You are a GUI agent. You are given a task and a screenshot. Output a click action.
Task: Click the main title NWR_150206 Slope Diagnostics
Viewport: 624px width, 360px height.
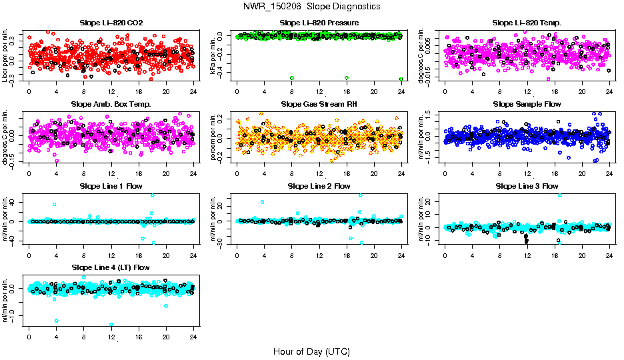[x=312, y=6]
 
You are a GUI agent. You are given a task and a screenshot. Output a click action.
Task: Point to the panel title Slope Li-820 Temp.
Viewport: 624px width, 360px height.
[x=527, y=23]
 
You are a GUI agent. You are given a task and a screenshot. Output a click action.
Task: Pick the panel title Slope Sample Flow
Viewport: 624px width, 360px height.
[x=527, y=104]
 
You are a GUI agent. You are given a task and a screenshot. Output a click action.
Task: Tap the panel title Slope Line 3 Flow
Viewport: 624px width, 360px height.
[x=527, y=186]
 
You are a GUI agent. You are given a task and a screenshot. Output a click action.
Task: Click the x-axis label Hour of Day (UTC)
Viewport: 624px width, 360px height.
[x=311, y=351]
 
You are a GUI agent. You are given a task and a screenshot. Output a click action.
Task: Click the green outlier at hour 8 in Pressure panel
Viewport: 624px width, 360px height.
[x=292, y=78]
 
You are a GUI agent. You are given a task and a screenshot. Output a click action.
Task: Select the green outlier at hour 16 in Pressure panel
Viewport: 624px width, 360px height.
[x=347, y=78]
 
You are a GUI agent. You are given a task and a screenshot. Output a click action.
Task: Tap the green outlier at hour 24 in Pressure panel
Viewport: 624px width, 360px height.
[x=401, y=79]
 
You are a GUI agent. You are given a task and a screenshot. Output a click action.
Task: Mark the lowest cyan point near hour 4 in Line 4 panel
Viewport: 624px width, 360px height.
[x=57, y=321]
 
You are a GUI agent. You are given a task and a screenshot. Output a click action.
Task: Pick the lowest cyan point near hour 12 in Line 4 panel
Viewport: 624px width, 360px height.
[x=111, y=325]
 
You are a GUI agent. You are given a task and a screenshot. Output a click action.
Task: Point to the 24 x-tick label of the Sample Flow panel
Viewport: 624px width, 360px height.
[x=609, y=173]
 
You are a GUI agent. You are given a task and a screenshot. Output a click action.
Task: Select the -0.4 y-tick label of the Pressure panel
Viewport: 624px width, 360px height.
[x=220, y=71]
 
